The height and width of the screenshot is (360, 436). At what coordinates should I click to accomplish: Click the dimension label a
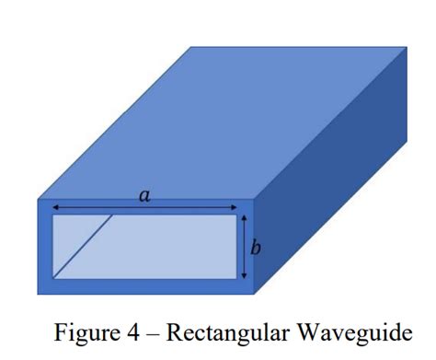coord(143,195)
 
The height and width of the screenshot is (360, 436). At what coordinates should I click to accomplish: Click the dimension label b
coord(256,247)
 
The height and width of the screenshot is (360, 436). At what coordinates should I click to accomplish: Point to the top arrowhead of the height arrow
coord(243,218)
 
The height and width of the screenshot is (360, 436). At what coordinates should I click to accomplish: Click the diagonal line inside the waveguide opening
coord(83,246)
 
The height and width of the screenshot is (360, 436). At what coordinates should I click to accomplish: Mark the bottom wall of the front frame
coord(147,285)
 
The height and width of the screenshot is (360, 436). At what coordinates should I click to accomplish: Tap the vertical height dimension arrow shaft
coord(243,247)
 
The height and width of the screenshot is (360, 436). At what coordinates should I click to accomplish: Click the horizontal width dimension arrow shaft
coord(101,207)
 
